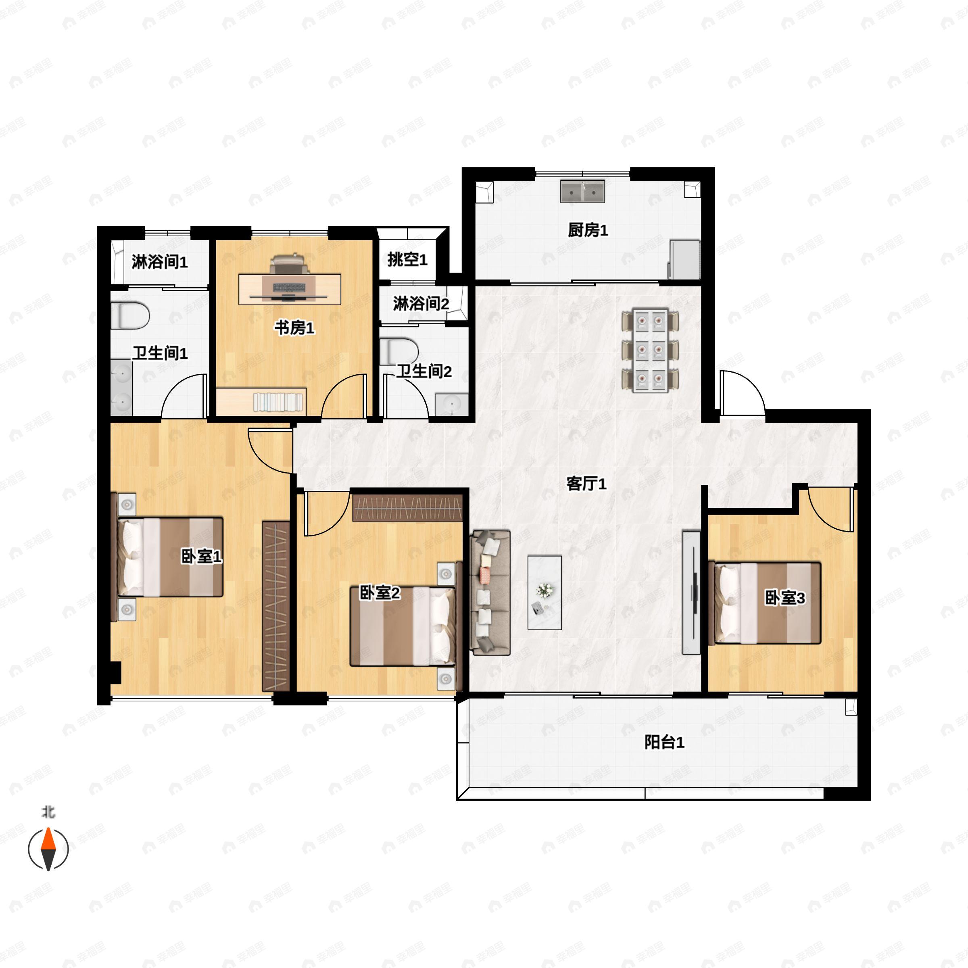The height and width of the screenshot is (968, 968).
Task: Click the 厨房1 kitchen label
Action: click(x=588, y=230)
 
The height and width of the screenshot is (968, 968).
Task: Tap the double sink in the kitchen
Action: click(x=582, y=192)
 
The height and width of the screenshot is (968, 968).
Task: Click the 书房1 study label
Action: click(x=294, y=328)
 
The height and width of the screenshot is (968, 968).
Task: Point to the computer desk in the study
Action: click(x=290, y=289)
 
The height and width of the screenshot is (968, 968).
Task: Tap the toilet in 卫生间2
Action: click(x=399, y=351)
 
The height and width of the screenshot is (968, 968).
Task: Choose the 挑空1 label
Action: click(x=407, y=259)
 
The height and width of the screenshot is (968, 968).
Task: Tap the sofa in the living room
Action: click(x=490, y=593)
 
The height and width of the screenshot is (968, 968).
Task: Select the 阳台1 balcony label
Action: click(x=664, y=743)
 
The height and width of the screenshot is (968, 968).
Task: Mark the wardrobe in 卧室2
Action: click(x=407, y=507)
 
